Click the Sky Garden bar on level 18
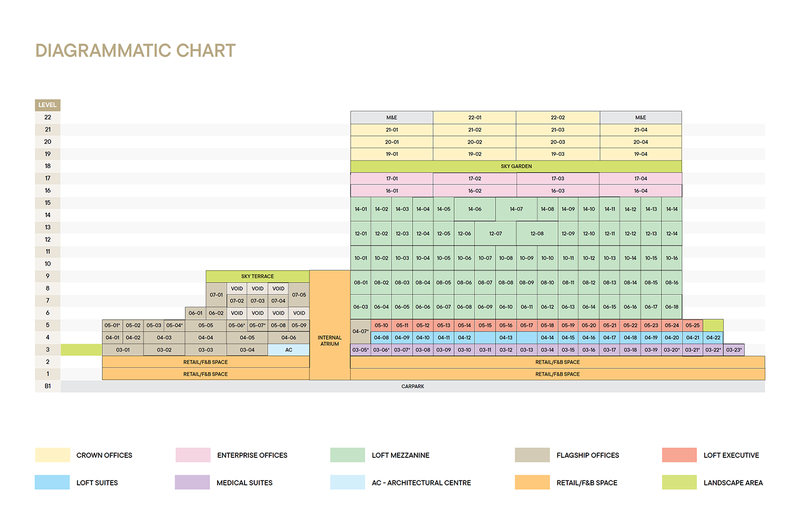click(516, 166)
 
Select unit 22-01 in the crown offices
click(475, 118)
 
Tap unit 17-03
click(558, 178)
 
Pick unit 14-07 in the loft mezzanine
click(516, 209)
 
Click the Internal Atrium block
click(330, 340)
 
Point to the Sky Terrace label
click(257, 276)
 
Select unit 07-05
click(299, 295)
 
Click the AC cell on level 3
click(289, 350)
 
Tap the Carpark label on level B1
click(413, 387)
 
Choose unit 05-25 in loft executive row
click(693, 326)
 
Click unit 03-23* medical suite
click(734, 350)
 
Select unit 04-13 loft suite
click(506, 338)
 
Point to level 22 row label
click(47, 118)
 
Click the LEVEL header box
click(47, 105)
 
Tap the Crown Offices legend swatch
click(52, 455)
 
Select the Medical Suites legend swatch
click(192, 483)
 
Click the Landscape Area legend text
click(733, 483)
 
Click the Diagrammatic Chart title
click(136, 51)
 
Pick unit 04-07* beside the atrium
click(360, 331)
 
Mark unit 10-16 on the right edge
click(672, 258)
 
